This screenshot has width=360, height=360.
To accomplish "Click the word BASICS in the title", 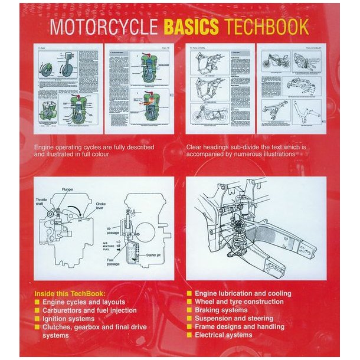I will coord(191,27).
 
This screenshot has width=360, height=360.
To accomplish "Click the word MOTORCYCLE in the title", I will coord(104,27).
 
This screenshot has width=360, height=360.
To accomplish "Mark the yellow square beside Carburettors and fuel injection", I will coord(37,310).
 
